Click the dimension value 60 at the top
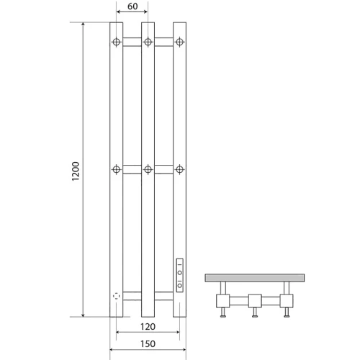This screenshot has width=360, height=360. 132,6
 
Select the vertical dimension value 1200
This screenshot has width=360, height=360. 76,171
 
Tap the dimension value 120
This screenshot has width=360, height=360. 148,327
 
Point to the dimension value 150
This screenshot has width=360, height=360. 148,344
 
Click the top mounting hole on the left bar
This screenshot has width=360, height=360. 117,42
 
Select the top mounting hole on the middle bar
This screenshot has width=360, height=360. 148,42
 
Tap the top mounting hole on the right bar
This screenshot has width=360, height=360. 179,42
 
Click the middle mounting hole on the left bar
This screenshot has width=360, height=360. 117,169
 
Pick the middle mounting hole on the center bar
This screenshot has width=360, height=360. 148,169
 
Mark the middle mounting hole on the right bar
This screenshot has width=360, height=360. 179,169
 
